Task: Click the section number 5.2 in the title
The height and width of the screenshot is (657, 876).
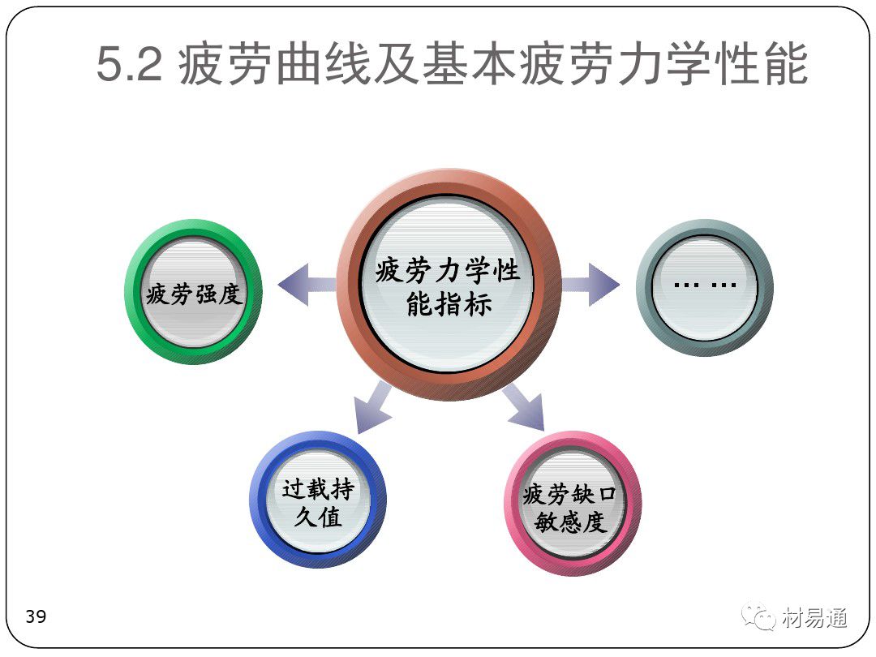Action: [x=130, y=64]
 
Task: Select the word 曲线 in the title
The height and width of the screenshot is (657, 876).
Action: [x=324, y=64]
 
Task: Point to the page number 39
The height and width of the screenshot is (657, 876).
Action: [x=36, y=616]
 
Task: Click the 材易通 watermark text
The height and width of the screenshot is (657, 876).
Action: [x=814, y=618]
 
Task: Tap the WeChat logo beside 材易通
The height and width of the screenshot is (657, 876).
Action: [x=758, y=616]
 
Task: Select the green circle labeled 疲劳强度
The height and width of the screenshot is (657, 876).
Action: [x=193, y=292]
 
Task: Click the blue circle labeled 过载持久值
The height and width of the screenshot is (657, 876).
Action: [x=318, y=500]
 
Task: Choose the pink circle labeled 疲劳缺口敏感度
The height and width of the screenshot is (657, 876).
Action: [x=573, y=504]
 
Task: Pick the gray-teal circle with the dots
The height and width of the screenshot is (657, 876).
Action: [x=705, y=287]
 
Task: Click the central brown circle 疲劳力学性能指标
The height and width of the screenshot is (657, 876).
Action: [x=449, y=285]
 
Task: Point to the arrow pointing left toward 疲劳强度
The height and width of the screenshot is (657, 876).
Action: [x=308, y=285]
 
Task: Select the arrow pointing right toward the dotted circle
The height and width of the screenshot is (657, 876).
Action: [x=590, y=285]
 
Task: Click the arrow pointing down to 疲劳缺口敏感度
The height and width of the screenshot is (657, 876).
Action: [x=524, y=407]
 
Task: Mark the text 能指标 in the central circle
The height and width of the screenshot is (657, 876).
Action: [x=449, y=305]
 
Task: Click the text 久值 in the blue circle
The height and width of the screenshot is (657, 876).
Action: [x=318, y=517]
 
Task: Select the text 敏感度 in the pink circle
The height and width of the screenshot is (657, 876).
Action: [x=570, y=522]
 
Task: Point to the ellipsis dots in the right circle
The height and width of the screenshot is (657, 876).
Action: [x=705, y=285]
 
